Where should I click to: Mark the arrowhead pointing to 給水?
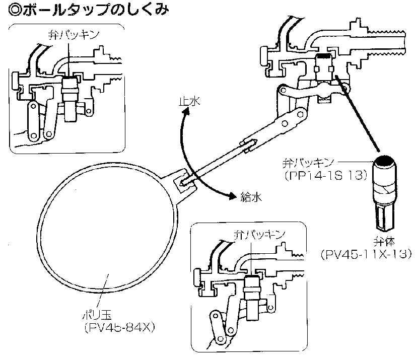(231, 195)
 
